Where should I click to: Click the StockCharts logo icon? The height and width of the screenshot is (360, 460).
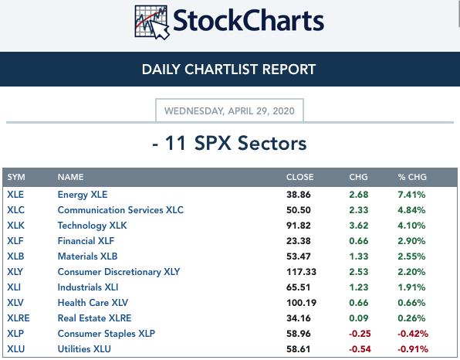[x=152, y=22]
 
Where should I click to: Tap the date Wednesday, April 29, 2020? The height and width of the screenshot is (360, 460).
[x=229, y=111]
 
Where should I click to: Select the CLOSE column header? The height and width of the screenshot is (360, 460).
[x=299, y=177]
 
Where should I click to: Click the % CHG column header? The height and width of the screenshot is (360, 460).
[x=412, y=177]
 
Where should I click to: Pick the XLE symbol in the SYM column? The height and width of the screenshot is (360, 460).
[x=15, y=195]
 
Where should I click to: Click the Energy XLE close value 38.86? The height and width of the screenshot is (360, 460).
[x=299, y=195]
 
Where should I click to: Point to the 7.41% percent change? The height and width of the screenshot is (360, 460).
[x=411, y=195]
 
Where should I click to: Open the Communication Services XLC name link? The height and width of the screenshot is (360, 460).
[x=120, y=210]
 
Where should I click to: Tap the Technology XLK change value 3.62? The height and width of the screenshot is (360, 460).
[x=358, y=226]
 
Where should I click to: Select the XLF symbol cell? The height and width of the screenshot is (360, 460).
[x=15, y=241]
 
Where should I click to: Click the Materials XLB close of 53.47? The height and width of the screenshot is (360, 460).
[x=299, y=256]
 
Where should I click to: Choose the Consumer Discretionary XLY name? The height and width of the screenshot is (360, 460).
[x=119, y=272]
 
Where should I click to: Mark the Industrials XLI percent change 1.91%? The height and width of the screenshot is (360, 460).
[x=411, y=287]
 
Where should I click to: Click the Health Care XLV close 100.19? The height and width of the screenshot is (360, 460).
[x=301, y=303]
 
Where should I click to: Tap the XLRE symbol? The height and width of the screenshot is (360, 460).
[x=19, y=318]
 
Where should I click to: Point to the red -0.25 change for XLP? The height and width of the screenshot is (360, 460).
[x=360, y=334]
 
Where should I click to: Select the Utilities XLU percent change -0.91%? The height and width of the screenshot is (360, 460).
[x=413, y=349]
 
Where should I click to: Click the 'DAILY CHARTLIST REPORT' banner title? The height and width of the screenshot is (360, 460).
[x=228, y=70]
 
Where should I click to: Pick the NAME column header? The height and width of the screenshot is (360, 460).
[x=71, y=177]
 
